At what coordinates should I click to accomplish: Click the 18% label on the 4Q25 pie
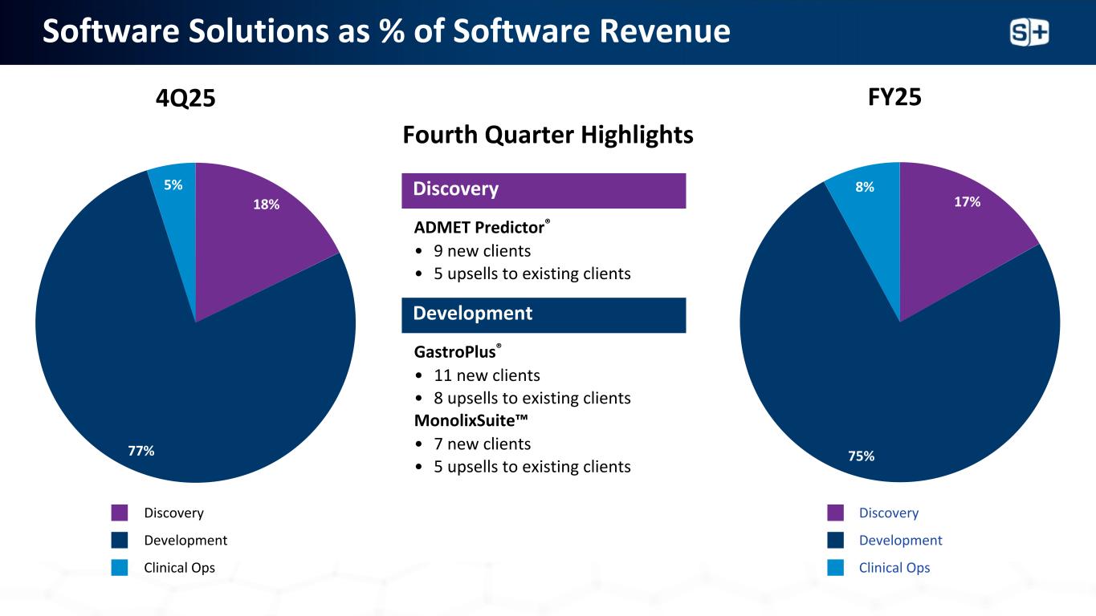click(x=267, y=205)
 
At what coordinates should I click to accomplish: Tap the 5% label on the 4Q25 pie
click(x=173, y=185)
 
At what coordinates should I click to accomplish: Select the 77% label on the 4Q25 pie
click(x=141, y=451)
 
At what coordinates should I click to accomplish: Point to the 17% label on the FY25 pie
click(x=967, y=202)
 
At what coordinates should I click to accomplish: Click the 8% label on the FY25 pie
click(x=864, y=187)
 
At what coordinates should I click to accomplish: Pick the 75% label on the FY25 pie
click(x=862, y=456)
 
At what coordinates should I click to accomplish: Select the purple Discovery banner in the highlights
click(x=544, y=190)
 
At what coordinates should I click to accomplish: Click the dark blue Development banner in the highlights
click(x=544, y=314)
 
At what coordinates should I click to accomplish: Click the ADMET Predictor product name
click(x=481, y=228)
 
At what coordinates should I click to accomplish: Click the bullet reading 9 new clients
click(x=482, y=251)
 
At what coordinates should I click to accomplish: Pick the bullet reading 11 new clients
click(x=487, y=375)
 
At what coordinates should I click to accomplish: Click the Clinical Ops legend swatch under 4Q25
click(x=120, y=568)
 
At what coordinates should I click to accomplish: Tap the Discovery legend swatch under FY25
click(x=835, y=513)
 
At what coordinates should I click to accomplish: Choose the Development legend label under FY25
click(x=900, y=541)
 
